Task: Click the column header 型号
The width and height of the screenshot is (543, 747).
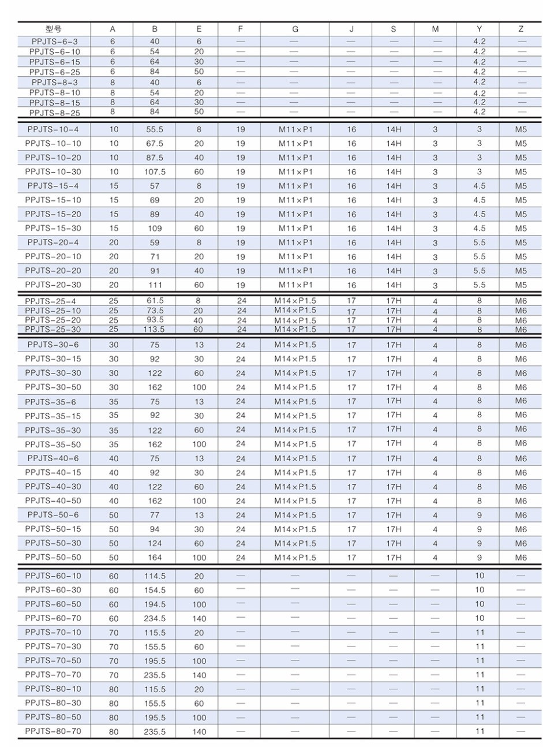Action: coord(54,29)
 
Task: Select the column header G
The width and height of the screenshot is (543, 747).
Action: coord(295,29)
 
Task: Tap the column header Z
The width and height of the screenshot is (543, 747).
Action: coord(520,29)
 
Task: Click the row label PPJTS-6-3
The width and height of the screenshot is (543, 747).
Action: coord(54,42)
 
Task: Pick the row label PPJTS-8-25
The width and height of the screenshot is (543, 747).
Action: coord(54,113)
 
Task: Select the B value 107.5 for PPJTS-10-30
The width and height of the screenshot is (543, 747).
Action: coord(155,172)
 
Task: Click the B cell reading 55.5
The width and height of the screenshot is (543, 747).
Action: coord(155,130)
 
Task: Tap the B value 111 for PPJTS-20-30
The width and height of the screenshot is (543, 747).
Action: coord(155,285)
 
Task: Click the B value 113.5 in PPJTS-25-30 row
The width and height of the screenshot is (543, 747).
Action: coord(155,330)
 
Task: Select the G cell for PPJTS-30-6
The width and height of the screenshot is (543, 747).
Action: coord(295,345)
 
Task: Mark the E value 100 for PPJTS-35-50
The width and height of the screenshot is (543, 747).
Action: coord(199,445)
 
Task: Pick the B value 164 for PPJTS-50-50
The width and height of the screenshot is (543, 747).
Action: coord(155,558)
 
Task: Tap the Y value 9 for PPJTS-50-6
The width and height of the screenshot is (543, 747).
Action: coord(479,515)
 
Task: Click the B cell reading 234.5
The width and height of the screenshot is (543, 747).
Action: coord(155,618)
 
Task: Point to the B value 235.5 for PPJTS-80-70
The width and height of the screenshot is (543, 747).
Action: coord(155,731)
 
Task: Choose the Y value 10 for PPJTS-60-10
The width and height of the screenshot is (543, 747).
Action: coord(480,576)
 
